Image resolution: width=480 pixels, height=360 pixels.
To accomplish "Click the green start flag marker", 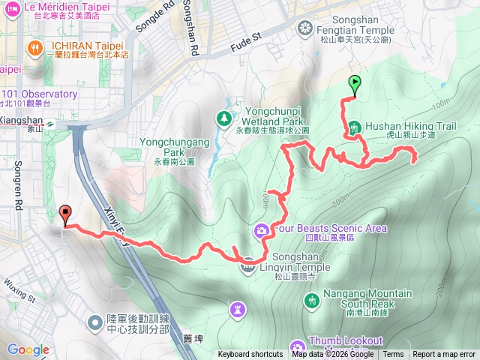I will point(354,85).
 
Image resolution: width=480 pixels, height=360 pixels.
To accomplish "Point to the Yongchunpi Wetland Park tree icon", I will point(223,118).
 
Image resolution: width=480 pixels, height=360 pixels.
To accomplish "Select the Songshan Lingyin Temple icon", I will point(247,264).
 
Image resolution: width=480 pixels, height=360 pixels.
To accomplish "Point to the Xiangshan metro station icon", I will point(49,124).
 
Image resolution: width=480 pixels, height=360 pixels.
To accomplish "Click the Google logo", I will point(28,349).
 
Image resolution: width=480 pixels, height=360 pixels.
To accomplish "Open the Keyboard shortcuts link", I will point(250,355).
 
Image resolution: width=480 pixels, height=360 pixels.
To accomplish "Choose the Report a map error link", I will point(444,355).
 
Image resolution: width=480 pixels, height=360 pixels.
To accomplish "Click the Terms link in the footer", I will point(393,355).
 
